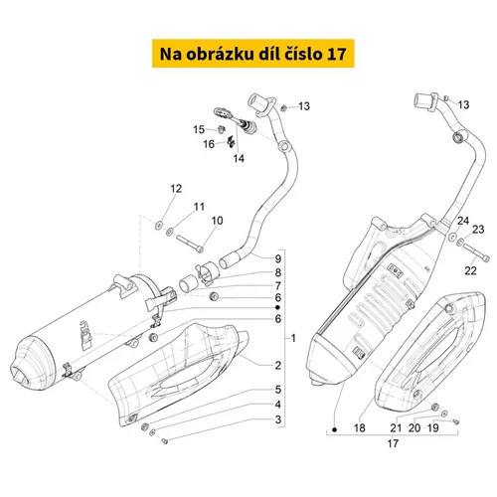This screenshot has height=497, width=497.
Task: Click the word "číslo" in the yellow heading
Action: [x=302, y=54]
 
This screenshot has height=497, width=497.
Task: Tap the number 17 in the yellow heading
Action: [x=337, y=54]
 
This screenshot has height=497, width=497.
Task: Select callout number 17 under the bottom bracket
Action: [x=393, y=443]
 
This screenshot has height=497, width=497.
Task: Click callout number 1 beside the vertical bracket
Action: [x=293, y=338]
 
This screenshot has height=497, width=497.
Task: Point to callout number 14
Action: [x=239, y=158]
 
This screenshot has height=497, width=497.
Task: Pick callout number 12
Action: [x=176, y=189]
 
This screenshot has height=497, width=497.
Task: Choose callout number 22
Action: [x=470, y=270]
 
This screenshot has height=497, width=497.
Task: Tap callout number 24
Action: [x=463, y=221]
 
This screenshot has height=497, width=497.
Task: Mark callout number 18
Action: [x=360, y=427]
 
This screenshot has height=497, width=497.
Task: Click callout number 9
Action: [x=278, y=258]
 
